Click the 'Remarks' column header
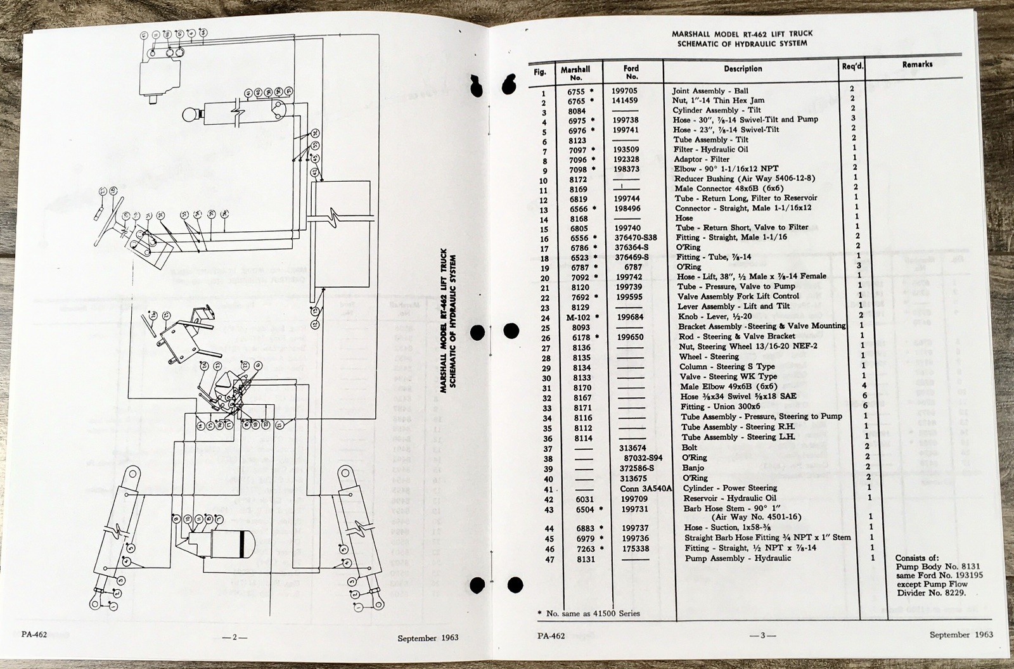917,65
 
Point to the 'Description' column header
743,68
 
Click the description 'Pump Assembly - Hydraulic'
738,559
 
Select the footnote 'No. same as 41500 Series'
593,613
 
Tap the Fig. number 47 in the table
542,559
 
